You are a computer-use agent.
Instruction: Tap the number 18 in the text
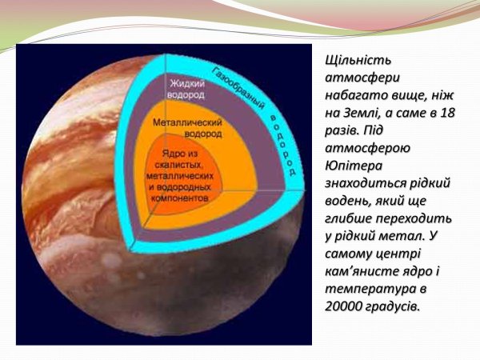point(445,113)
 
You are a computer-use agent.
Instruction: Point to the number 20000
point(349,306)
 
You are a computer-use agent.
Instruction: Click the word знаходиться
point(366,183)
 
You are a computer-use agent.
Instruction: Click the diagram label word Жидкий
point(187,84)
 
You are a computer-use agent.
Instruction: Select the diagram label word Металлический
point(186,125)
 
